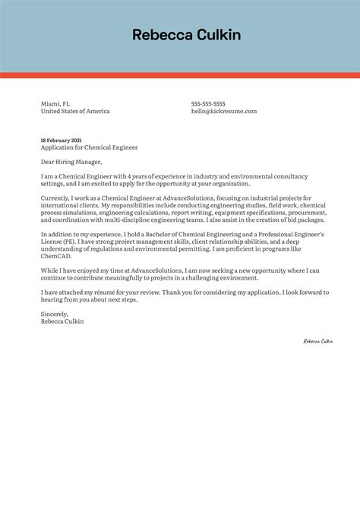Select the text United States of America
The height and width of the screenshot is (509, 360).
point(75,111)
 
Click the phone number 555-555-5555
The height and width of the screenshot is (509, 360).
point(208,103)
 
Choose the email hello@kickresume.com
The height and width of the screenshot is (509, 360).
point(224,111)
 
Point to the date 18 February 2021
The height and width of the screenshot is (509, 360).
point(61,141)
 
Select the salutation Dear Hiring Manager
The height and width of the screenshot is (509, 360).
point(71,162)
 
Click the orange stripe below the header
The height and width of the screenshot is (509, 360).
point(179,75)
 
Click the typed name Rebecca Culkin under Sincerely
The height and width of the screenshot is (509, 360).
point(62,321)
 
